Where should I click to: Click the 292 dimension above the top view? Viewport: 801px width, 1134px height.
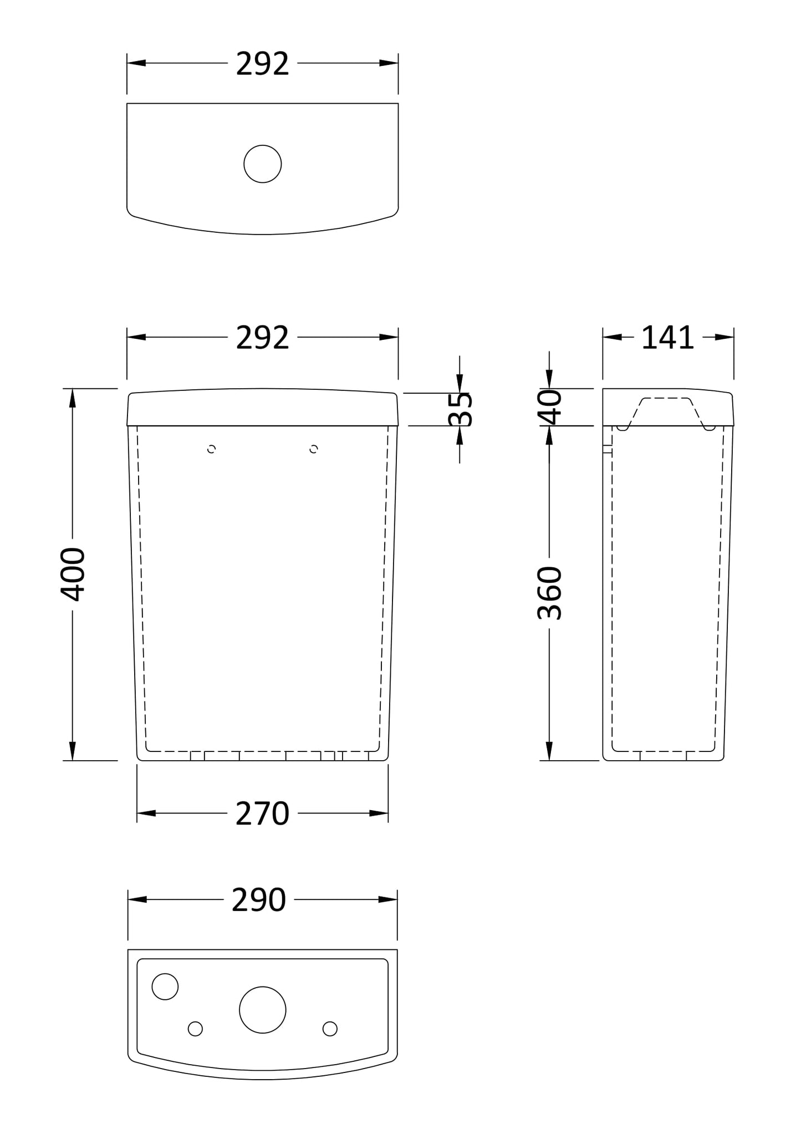(262, 64)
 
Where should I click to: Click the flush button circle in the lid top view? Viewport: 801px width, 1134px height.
(262, 164)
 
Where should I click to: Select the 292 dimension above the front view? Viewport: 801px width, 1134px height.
(262, 338)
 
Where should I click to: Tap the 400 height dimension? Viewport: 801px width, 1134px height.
(73, 574)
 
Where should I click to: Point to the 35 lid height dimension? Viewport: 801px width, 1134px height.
(460, 409)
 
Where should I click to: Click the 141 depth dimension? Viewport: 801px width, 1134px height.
(667, 338)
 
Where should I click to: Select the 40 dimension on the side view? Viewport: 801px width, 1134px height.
(550, 407)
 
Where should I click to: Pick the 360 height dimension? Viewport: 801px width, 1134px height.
(550, 593)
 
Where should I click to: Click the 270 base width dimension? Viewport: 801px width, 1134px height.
(262, 813)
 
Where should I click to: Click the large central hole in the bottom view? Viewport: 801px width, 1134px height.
(262, 1010)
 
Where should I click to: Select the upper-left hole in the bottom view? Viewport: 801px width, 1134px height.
(165, 986)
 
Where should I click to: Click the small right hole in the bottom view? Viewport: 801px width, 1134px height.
(330, 1029)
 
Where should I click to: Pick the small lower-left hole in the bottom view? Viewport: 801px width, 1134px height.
(195, 1029)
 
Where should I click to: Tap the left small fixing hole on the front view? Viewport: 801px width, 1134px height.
(211, 449)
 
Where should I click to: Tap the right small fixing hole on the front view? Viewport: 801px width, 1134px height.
(314, 449)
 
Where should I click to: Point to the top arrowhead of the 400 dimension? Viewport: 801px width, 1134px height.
(72, 398)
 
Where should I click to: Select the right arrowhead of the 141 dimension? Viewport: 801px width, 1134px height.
(725, 337)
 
